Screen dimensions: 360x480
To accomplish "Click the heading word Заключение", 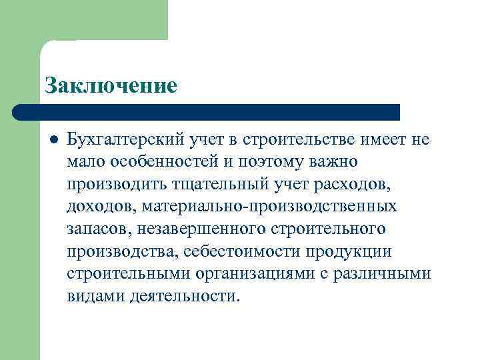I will (x=111, y=85).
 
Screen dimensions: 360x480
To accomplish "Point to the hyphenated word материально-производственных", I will (x=269, y=207).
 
